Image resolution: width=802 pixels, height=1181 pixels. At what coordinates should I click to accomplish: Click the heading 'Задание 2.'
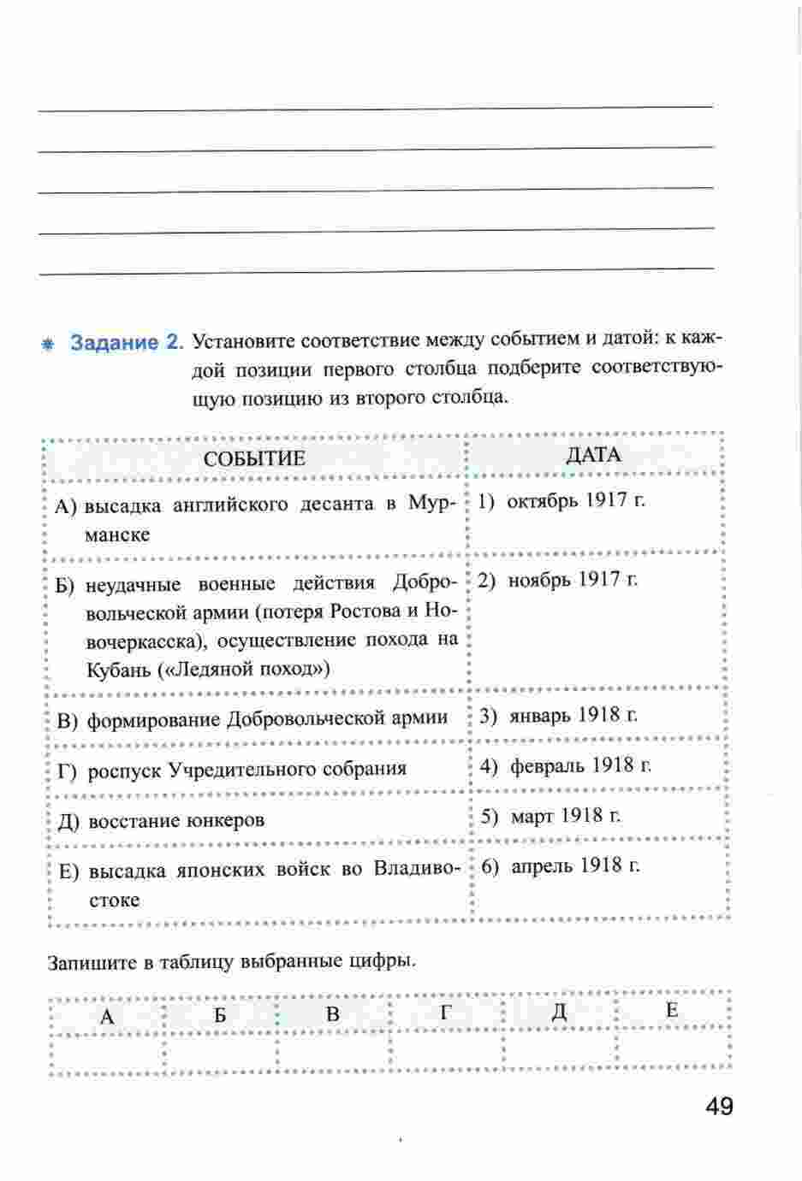(x=127, y=343)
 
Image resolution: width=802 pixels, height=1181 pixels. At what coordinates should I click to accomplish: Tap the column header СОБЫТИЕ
(x=254, y=458)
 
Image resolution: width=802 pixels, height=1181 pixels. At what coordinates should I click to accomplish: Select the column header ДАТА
(x=593, y=455)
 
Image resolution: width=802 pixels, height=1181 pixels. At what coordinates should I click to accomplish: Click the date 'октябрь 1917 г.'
(x=575, y=500)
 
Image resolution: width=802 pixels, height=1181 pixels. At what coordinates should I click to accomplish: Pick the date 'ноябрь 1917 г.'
(x=573, y=580)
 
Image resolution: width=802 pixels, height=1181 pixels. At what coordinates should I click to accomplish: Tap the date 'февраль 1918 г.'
(x=580, y=765)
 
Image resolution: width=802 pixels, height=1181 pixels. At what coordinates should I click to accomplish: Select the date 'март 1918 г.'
(x=565, y=815)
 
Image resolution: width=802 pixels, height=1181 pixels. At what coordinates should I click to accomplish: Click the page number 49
(x=720, y=1107)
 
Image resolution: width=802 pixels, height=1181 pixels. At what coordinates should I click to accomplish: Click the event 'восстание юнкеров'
(x=176, y=820)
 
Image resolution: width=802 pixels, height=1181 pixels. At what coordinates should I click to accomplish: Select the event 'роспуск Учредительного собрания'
(x=247, y=769)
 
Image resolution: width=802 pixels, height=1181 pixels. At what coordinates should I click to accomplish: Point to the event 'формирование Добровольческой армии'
(x=267, y=718)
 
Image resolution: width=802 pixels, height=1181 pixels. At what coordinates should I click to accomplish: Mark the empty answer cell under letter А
(x=108, y=1050)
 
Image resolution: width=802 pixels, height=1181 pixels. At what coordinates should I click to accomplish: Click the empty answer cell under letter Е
(x=673, y=1048)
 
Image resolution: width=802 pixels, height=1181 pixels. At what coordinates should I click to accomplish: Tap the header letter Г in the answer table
(x=445, y=1013)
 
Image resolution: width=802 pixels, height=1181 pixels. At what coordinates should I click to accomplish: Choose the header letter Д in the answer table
(x=559, y=1013)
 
